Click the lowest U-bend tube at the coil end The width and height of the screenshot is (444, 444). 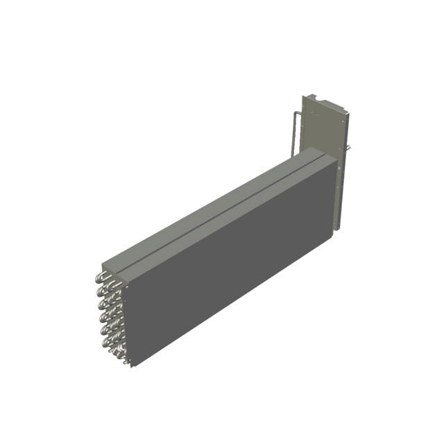(123, 358)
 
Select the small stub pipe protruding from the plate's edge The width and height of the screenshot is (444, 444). (348, 148)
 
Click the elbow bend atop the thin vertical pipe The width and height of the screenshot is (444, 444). (299, 112)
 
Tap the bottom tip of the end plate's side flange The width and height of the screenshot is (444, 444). (337, 229)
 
